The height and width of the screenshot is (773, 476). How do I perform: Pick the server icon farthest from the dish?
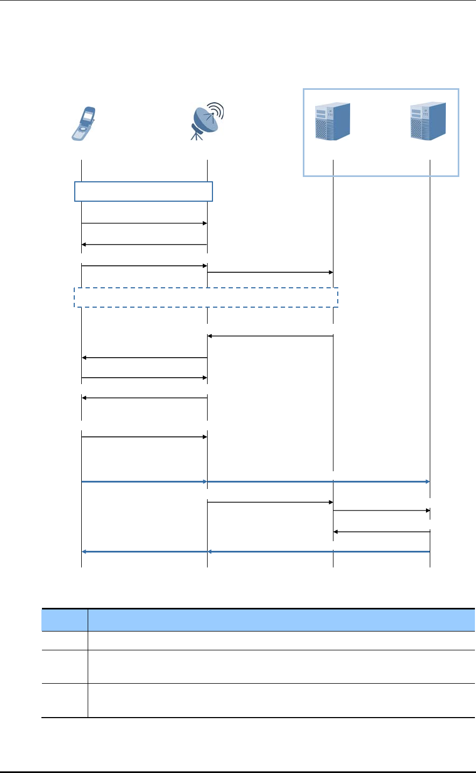[428, 122]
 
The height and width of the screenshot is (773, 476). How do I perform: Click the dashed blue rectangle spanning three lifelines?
[205, 297]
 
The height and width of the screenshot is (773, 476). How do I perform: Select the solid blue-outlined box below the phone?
[143, 192]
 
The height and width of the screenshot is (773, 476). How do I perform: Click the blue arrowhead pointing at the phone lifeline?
[84, 551]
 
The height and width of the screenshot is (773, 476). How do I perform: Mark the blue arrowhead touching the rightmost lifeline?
[427, 482]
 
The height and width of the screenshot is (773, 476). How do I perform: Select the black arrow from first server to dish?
[270, 336]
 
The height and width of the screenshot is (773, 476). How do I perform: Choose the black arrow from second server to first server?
[381, 531]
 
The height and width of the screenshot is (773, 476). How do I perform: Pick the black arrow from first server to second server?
[381, 510]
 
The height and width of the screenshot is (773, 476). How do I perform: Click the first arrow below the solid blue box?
[144, 223]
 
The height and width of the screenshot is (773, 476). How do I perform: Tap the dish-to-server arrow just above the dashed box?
[270, 272]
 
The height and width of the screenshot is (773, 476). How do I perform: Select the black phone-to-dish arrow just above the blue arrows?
[144, 437]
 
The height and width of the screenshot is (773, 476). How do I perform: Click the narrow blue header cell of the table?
[65, 620]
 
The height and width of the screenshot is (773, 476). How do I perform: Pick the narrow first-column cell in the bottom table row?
[65, 700]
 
